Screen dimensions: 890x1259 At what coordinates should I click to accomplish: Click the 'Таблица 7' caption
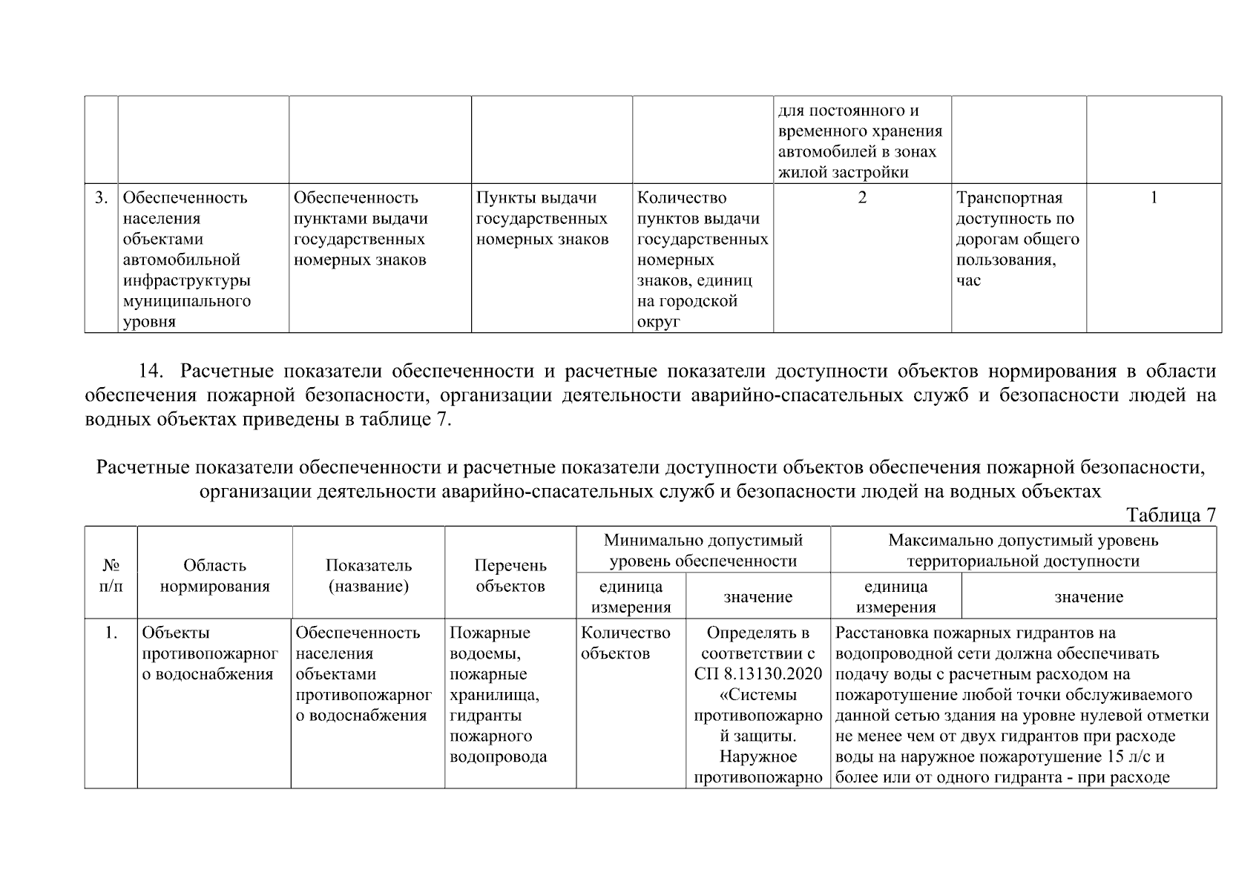[x=1171, y=515]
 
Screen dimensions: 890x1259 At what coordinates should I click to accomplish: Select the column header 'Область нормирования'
[x=214, y=576]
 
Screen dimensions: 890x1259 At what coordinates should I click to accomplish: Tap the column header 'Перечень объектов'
[x=510, y=576]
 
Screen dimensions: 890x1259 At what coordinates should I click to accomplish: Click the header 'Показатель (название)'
[x=369, y=576]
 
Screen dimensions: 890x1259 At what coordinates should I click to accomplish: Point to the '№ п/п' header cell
[x=111, y=576]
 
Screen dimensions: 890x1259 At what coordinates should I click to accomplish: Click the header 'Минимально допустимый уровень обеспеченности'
[x=703, y=550]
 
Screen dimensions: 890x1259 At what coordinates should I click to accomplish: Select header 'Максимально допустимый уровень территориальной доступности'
[x=1022, y=550]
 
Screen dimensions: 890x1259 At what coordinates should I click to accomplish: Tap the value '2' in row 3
[x=862, y=198]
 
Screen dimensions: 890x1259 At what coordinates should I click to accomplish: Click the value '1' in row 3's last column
[x=1154, y=198]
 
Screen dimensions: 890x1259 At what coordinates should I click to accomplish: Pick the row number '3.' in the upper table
[x=101, y=198]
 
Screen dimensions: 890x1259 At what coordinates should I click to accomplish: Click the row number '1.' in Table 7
[x=111, y=633]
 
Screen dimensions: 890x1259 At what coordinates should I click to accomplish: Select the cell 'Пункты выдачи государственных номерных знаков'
[x=542, y=219]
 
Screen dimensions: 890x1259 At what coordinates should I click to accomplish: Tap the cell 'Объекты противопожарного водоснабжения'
[x=210, y=653]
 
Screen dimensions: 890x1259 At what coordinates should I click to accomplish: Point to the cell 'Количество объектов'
[x=625, y=643]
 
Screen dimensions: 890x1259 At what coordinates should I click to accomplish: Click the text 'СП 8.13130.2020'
[x=758, y=674]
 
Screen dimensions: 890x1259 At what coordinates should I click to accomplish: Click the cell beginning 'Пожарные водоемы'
[x=498, y=694]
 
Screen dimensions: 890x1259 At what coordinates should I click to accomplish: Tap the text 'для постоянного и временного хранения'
[x=860, y=121]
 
